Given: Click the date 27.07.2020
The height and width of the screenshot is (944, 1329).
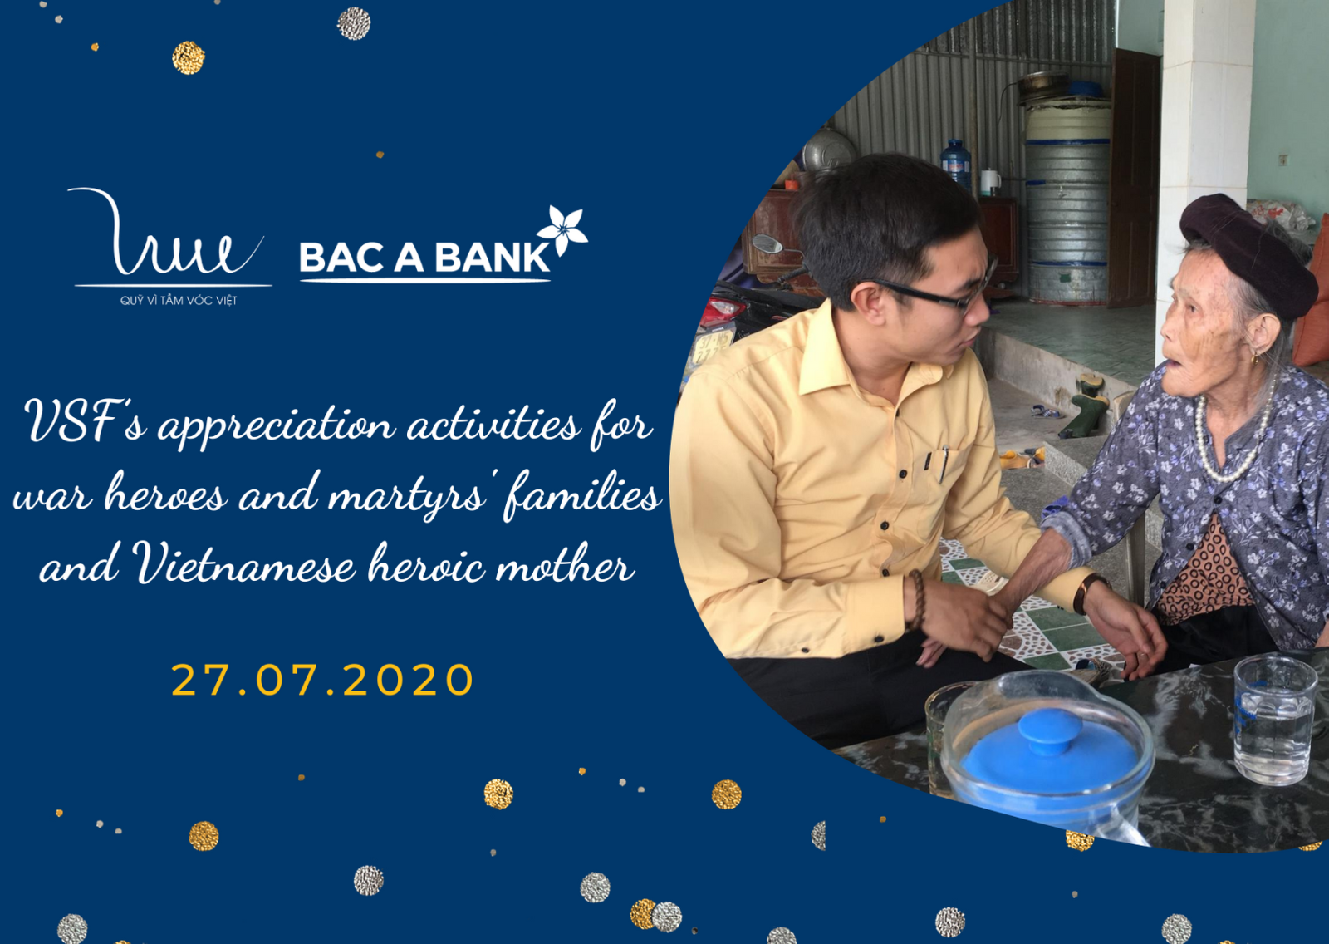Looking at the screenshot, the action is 322,680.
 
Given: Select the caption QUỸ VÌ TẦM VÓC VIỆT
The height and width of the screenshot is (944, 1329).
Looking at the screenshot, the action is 179,301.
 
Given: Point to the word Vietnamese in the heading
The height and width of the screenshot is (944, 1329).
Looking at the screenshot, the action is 244,563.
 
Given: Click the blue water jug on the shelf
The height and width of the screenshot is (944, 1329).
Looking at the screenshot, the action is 955,163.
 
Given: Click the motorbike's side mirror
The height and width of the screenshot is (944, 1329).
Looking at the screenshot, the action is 767,243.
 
